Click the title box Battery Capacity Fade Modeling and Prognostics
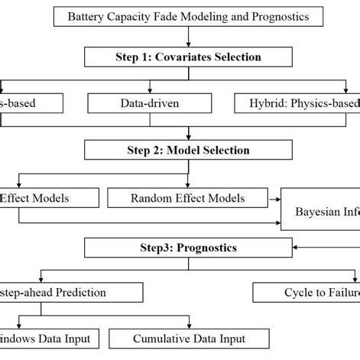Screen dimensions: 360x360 pos(189,16)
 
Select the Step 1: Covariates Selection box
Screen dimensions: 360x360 pos(188,57)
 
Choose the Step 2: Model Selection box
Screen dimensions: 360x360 pos(188,150)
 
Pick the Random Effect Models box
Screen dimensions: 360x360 pos(187,198)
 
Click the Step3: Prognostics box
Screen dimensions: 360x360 pos(188,248)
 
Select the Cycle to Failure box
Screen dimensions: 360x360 pos(306,293)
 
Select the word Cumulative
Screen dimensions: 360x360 pos(161,339)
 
